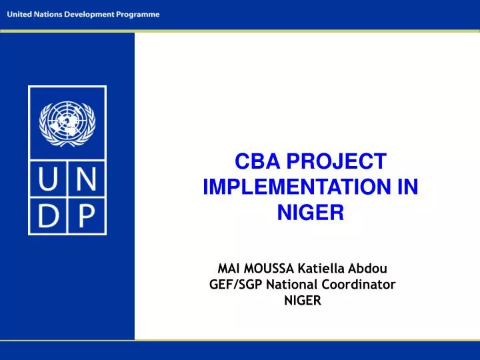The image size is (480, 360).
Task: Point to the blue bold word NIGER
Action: click(310, 213)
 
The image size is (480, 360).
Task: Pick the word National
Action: click(291, 285)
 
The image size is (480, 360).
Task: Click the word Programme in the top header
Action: click(137, 15)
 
